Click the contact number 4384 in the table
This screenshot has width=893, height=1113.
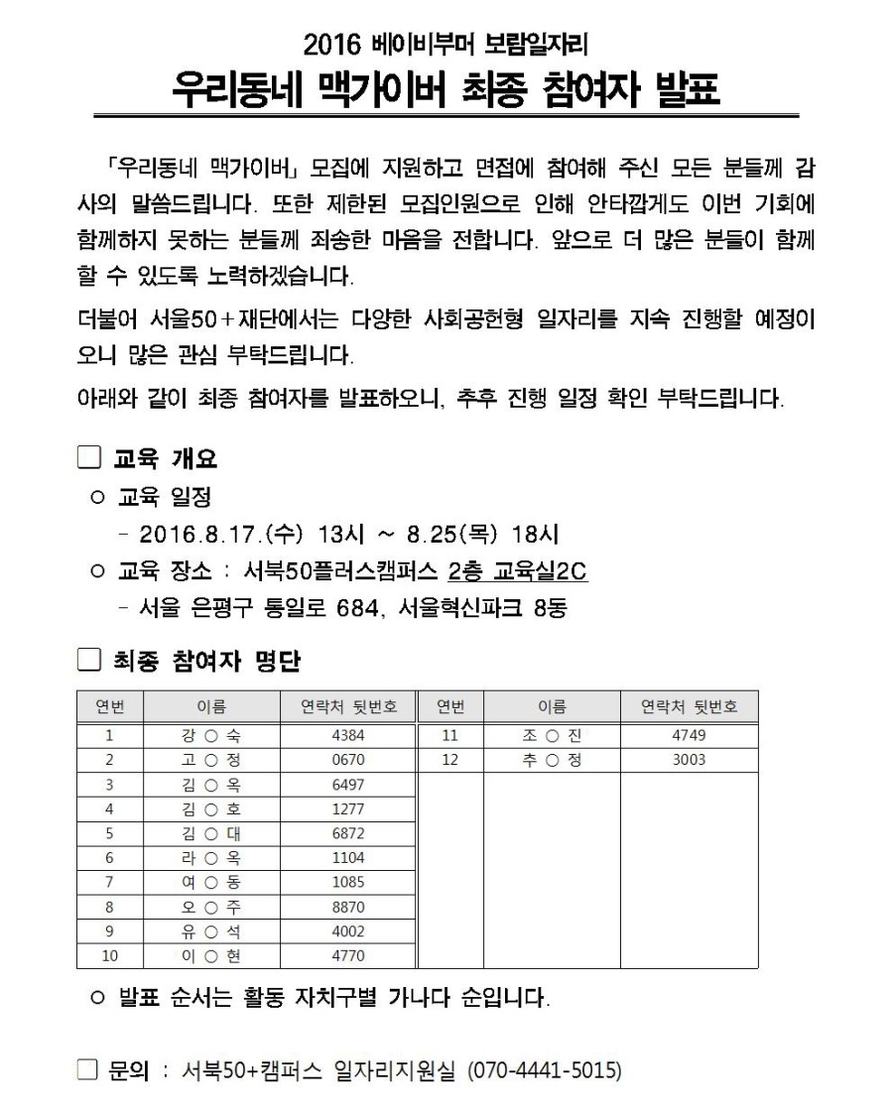[x=348, y=736]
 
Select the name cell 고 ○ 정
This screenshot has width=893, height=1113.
[x=212, y=761]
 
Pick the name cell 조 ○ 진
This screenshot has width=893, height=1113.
[x=552, y=736]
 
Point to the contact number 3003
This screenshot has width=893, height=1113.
[x=689, y=761]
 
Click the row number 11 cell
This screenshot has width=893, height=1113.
[x=450, y=736]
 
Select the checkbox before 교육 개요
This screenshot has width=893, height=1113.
[x=90, y=459]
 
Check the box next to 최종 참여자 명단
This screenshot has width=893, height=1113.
[x=90, y=660]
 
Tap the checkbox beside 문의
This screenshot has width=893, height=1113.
[x=90, y=1070]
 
